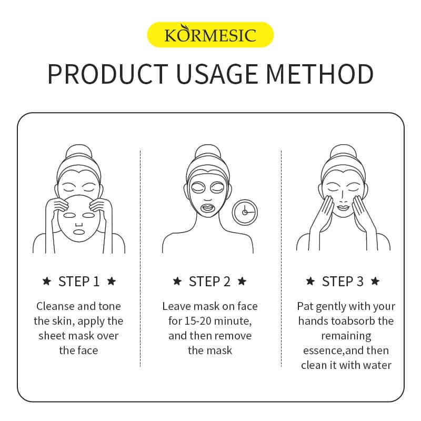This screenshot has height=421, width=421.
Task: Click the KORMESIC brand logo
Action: pos(210,35)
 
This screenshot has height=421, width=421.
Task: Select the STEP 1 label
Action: pos(79,282)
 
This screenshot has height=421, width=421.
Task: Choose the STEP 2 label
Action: pos(209,282)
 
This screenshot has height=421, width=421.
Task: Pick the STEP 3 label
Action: pos(343,282)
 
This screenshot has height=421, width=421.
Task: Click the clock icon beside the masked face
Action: pos(245,212)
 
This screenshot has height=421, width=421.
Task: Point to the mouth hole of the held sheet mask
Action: pos(78,232)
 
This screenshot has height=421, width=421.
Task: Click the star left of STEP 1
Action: pos(47,282)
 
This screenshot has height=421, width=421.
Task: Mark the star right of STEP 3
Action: pos(375,282)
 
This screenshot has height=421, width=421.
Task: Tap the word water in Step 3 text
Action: pos(377,365)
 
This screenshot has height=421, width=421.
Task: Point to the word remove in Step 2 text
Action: pos(233,336)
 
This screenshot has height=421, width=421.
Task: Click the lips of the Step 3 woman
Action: pos(343,207)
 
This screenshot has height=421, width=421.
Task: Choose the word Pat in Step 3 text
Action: pos(305,306)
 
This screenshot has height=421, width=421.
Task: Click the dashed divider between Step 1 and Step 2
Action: pos(141,258)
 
